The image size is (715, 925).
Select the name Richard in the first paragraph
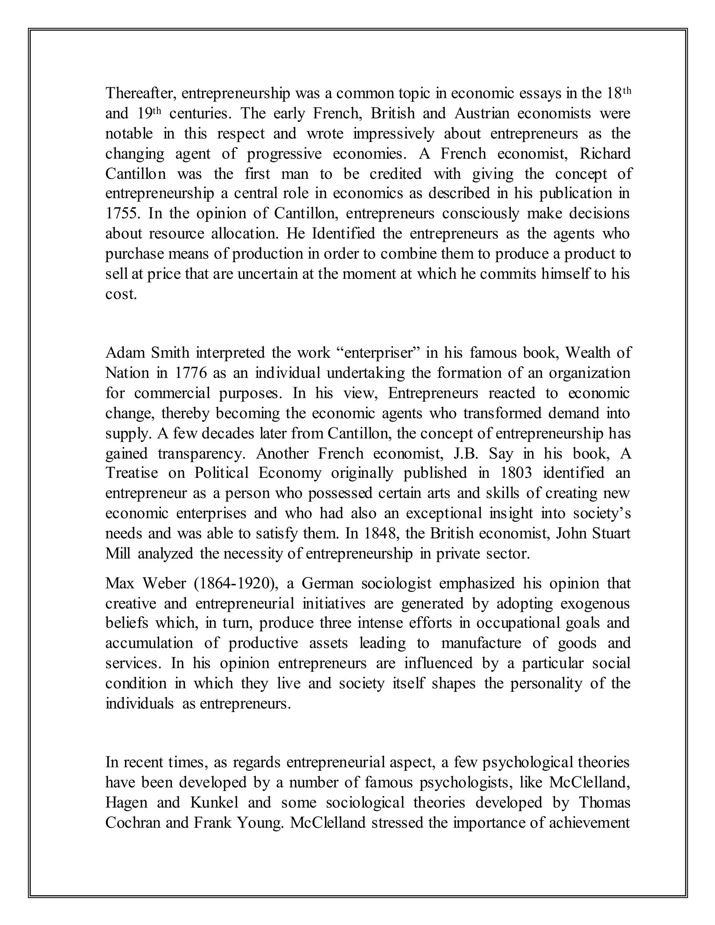point(605,153)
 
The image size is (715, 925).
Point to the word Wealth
point(586,353)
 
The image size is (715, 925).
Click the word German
point(327,584)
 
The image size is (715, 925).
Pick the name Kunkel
point(214,802)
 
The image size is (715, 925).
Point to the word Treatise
point(131,473)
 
